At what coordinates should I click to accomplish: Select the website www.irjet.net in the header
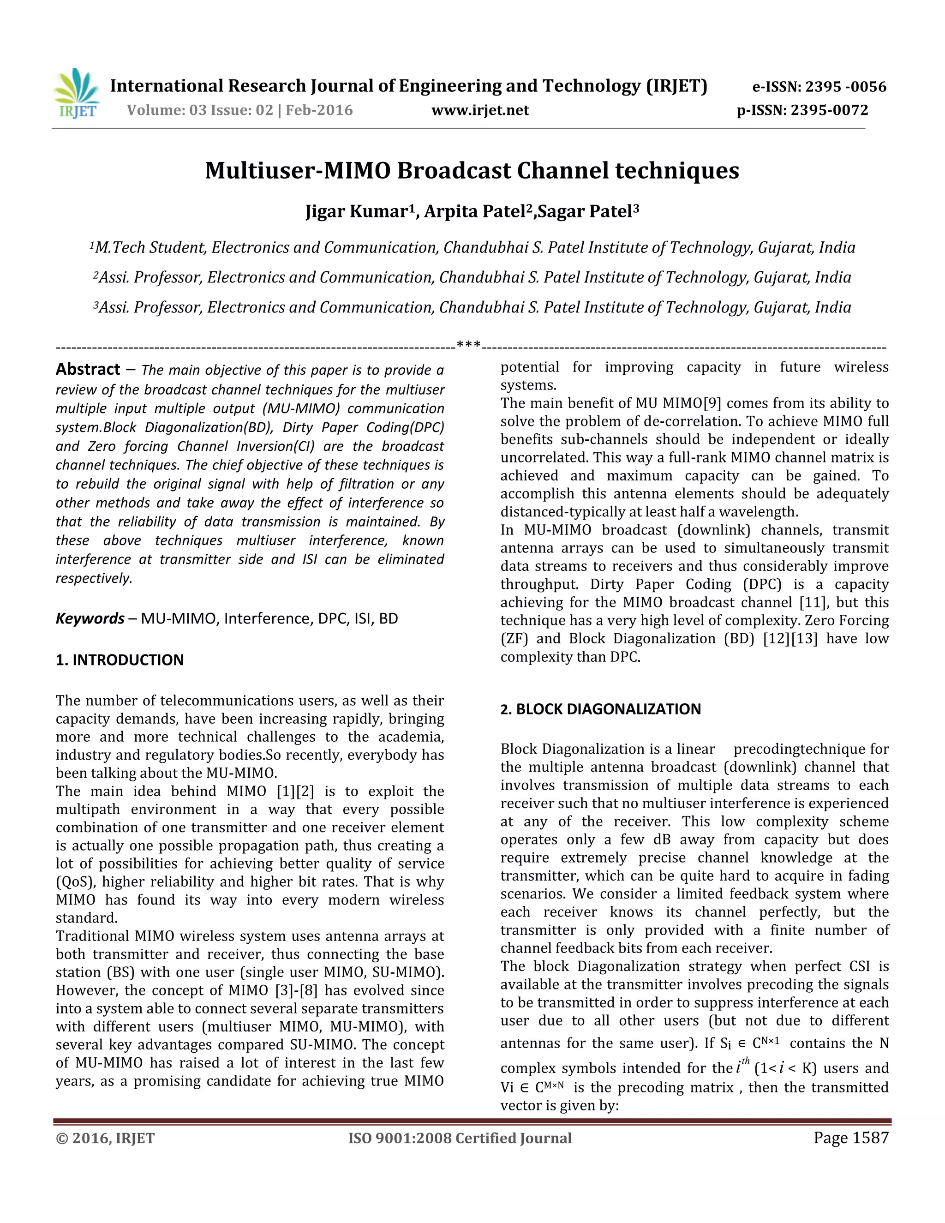[x=480, y=110]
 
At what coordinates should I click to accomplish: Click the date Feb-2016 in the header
[x=319, y=110]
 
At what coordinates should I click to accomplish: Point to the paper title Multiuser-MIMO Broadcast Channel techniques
[x=472, y=170]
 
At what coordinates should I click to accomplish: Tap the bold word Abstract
[x=87, y=370]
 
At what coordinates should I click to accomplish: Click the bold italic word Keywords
[x=90, y=619]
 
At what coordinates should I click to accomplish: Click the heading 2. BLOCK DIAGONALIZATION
[x=600, y=709]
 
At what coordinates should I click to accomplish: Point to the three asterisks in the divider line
[x=469, y=345]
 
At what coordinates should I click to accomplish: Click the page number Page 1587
[x=850, y=1138]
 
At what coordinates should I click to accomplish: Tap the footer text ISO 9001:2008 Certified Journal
[x=460, y=1139]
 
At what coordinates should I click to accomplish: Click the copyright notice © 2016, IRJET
[x=105, y=1139]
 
